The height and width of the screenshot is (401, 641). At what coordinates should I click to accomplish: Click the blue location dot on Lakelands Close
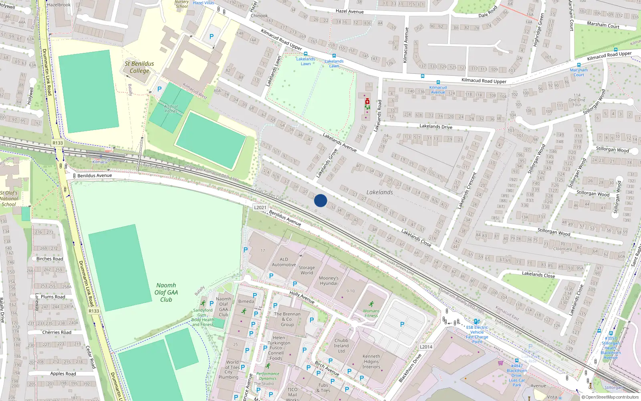pos(320,200)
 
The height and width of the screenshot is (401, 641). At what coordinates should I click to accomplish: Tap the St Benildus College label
pos(139,67)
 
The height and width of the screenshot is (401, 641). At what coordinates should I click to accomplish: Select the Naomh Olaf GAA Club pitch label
pos(166,292)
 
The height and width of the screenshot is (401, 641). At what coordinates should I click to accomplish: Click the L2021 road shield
pos(260,207)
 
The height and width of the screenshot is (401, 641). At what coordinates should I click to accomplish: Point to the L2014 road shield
pos(426,347)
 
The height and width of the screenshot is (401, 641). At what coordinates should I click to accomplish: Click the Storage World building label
pos(306,270)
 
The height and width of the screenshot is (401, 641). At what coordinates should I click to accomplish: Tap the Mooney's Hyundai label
pos(329,281)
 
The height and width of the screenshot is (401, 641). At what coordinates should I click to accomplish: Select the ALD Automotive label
pos(284,262)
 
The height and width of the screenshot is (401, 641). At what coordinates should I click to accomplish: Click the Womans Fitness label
pos(371,313)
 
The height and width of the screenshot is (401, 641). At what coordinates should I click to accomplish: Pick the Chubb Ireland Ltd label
pos(341,346)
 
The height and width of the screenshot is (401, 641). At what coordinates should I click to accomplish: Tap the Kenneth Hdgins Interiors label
pos(371,361)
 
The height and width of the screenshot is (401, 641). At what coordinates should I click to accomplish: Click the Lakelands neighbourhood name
pos(379,192)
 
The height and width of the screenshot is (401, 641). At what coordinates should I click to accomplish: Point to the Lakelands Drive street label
pos(435,126)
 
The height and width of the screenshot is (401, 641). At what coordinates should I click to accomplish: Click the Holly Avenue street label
pos(302,297)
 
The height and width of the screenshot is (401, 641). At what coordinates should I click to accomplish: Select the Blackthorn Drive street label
pos(410,368)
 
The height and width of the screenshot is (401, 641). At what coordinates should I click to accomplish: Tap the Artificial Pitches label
pos(171,109)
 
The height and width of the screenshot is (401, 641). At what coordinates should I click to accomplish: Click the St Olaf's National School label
pos(9,198)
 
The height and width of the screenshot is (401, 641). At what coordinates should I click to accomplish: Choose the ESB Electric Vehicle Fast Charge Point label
pos(477,334)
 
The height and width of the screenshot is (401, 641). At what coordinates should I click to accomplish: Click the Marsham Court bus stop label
pos(579,72)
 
